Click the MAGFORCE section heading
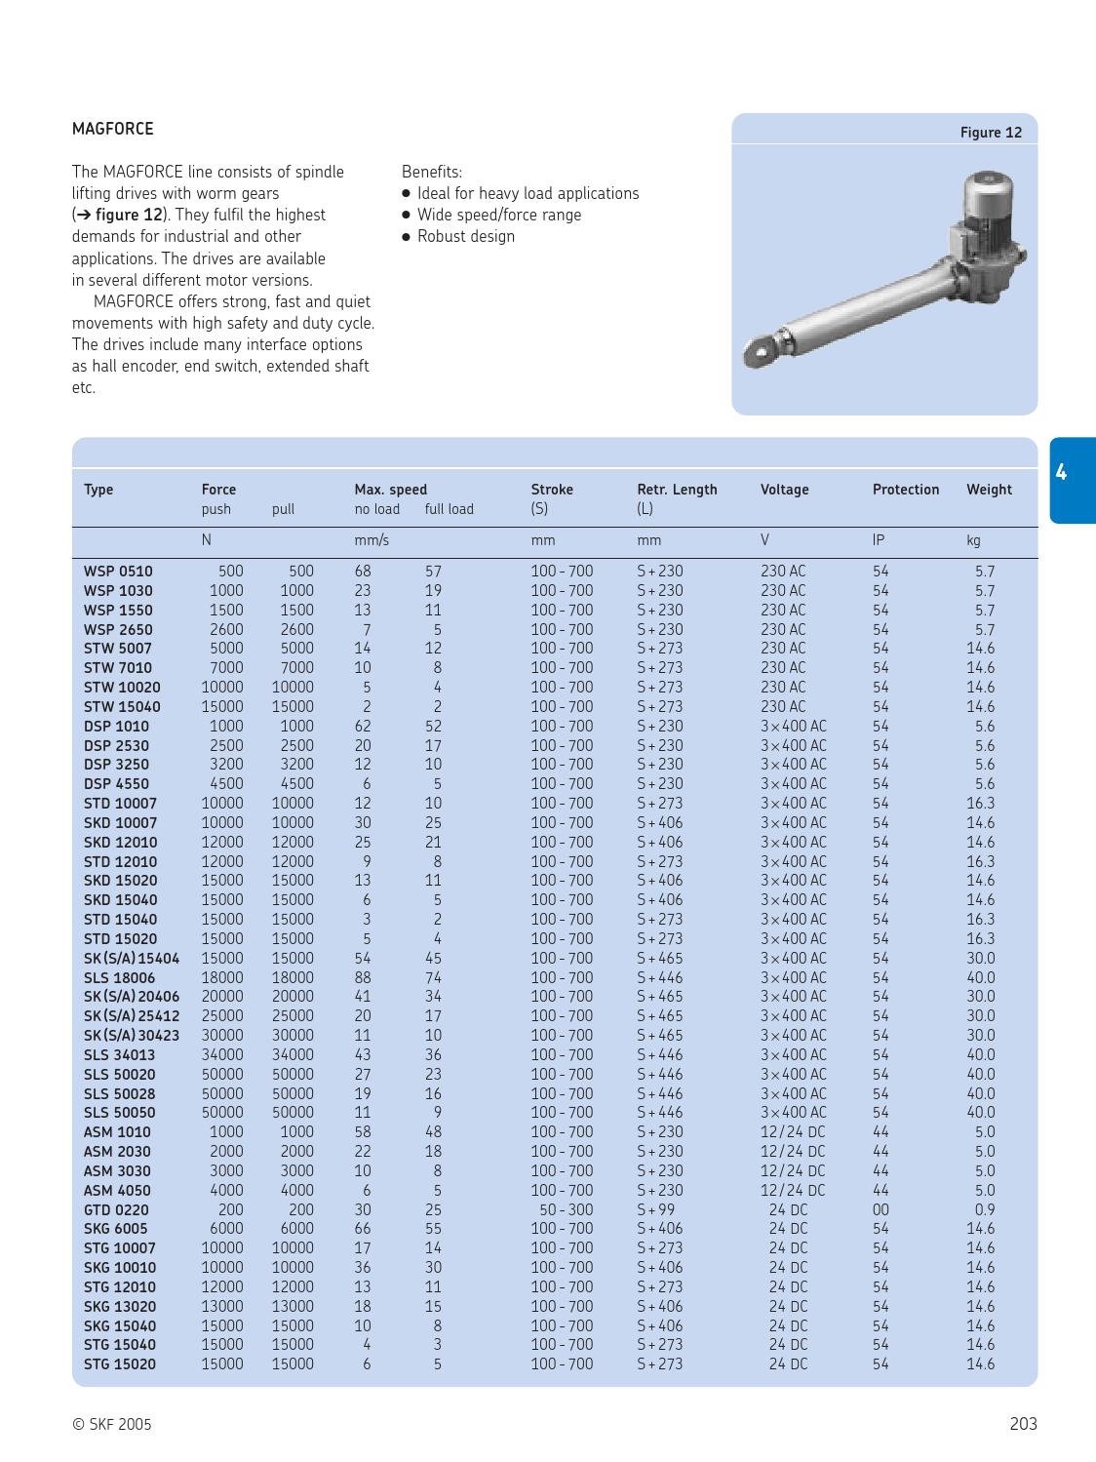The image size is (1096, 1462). (x=112, y=129)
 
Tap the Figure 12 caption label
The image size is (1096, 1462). (x=991, y=133)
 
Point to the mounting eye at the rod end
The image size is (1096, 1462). (x=761, y=349)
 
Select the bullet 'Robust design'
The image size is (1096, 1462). (x=465, y=236)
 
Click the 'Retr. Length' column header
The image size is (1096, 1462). (x=677, y=490)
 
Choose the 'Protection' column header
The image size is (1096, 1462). (x=905, y=490)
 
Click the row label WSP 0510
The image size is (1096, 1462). (x=118, y=572)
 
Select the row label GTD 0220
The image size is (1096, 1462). (x=116, y=1209)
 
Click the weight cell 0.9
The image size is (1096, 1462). (x=984, y=1209)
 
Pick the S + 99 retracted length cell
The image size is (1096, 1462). (x=655, y=1209)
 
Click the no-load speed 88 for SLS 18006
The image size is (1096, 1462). (x=362, y=977)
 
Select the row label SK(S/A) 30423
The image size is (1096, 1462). (x=132, y=1035)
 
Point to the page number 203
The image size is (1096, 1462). (x=1023, y=1424)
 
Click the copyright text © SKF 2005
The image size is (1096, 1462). (x=112, y=1424)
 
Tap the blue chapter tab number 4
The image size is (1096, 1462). (x=1061, y=474)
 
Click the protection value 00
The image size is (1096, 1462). (x=881, y=1209)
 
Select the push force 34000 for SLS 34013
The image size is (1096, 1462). (x=222, y=1054)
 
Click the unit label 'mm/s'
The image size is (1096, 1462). (x=371, y=540)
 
